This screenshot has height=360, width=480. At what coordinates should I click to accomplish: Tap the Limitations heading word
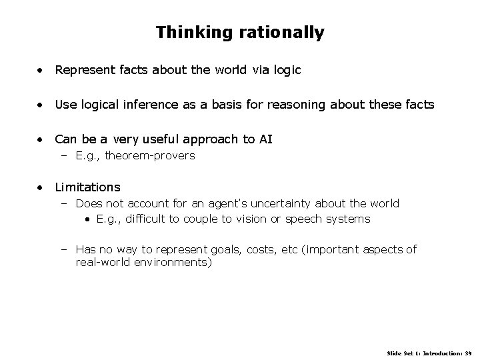tap(87, 187)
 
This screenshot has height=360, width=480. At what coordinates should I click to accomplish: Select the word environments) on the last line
tap(173, 263)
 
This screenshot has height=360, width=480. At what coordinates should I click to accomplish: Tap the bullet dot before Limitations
tap(41, 187)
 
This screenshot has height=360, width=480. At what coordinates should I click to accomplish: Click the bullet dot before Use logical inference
tap(41, 104)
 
